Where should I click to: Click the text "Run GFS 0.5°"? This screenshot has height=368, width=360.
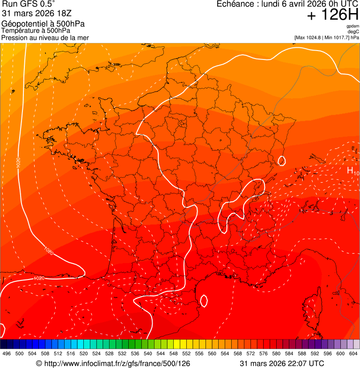[28, 4]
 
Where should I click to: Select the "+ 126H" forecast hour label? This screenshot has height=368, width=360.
[332, 15]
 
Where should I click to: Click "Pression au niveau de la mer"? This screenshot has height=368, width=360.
[45, 37]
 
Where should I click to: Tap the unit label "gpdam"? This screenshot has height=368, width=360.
[353, 26]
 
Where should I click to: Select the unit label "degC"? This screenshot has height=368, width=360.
[353, 31]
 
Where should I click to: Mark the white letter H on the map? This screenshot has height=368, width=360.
[350, 170]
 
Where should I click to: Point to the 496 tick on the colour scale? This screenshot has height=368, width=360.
[7, 353]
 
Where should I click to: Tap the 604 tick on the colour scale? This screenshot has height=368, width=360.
[353, 353]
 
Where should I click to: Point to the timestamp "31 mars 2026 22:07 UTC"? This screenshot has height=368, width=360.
[281, 363]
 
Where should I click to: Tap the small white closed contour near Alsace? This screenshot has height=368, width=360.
[281, 161]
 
